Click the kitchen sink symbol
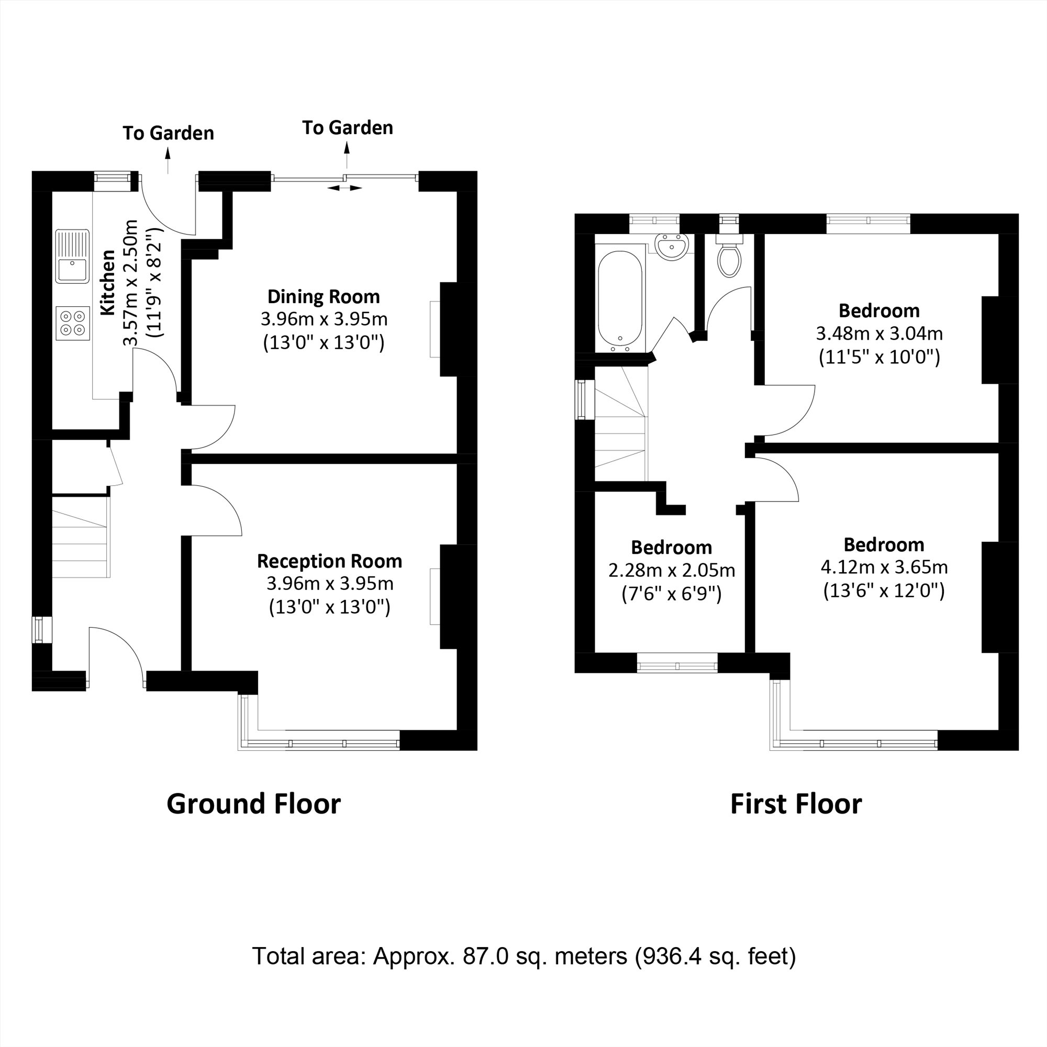point(72,256)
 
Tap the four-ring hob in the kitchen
point(73,323)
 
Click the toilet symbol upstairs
point(729,260)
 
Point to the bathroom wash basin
point(672,247)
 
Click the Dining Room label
point(324,297)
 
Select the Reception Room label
point(329,561)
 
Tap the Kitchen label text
point(108,282)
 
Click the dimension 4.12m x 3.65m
point(884,567)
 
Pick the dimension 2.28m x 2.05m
point(672,570)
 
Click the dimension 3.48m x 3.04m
point(879,333)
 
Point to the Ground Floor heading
point(253,804)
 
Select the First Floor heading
point(796,804)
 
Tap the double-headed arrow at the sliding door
point(344,188)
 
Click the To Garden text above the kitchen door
point(168,133)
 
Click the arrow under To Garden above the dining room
point(347,155)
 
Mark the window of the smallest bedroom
point(677,662)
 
